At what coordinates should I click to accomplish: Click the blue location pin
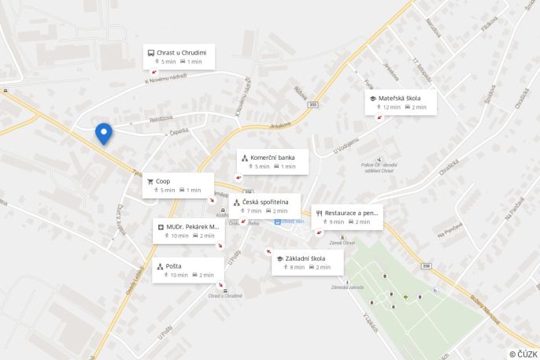coord(103,133)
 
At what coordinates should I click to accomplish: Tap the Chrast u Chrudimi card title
coord(181,52)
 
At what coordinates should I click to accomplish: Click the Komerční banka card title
coord(272,158)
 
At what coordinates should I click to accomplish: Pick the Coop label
coord(163,181)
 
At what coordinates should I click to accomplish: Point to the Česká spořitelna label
coord(270,202)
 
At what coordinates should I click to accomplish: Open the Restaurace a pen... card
coord(347,217)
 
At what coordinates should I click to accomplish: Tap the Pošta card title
coord(174,266)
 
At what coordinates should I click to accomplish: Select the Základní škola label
coord(306,258)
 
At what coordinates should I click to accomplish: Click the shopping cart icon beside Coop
coord(150,181)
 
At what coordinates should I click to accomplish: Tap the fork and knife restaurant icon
coord(319,213)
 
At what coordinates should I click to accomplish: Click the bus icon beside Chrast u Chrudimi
coord(150,52)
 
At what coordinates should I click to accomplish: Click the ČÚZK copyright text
coord(523,354)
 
